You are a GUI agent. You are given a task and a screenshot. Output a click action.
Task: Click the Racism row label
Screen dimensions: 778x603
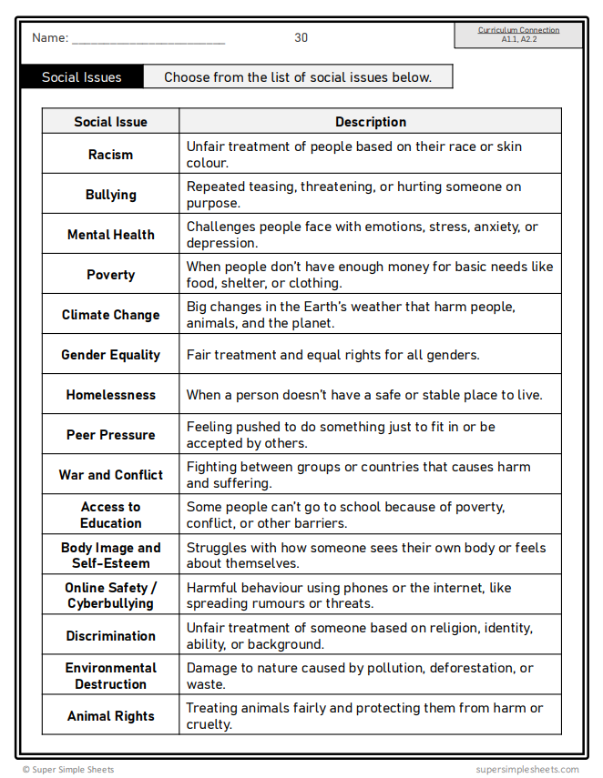[110, 155]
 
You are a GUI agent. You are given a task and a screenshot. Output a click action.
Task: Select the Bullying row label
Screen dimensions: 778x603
[110, 195]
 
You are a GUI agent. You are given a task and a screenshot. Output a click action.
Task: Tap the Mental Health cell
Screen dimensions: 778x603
[110, 235]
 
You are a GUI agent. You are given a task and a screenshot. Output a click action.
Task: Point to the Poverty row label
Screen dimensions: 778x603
[110, 275]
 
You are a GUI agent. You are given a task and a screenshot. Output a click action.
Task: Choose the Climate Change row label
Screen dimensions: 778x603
[110, 315]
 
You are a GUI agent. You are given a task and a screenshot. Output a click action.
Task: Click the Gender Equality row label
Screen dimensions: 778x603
[110, 355]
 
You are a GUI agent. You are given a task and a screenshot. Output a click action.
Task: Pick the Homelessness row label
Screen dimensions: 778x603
[110, 395]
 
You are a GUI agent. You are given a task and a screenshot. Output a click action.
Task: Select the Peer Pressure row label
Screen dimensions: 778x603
[110, 435]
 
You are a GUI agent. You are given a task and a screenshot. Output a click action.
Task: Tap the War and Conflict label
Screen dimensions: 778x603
[110, 475]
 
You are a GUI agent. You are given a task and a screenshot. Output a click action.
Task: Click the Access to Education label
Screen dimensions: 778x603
[110, 515]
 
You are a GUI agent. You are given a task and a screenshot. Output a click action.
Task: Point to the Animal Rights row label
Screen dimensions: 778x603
[110, 716]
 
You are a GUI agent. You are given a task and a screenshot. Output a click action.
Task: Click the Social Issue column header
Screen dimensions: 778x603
[110, 122]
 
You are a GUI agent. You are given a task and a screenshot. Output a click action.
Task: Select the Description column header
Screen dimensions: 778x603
[371, 122]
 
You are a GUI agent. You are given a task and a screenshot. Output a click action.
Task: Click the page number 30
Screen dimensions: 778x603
[301, 37]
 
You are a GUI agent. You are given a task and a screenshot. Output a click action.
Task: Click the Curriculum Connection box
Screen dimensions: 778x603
[518, 35]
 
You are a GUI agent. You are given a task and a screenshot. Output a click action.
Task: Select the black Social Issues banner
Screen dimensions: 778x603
[81, 77]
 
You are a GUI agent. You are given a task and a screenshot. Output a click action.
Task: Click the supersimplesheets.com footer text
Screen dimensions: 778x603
[526, 769]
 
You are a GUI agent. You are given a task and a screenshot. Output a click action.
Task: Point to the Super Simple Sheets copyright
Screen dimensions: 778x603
[68, 769]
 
